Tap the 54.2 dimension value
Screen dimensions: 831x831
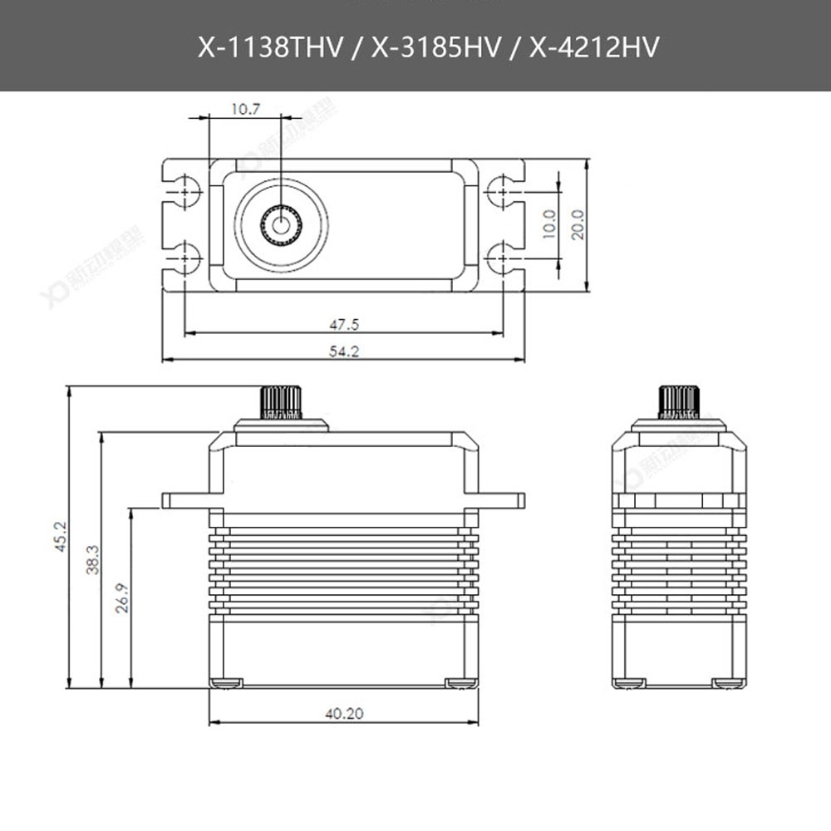(x=343, y=351)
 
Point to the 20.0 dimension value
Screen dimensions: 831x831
(x=578, y=224)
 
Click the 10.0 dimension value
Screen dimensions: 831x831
(x=548, y=224)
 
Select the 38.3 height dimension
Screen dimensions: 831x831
(x=92, y=559)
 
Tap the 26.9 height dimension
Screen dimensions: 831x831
(x=121, y=597)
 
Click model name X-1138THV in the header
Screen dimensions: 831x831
(x=268, y=47)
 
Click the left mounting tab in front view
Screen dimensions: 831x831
(x=186, y=500)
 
